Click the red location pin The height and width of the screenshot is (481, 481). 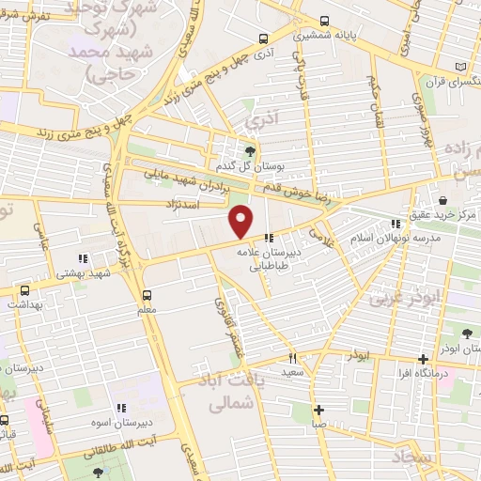click(241, 222)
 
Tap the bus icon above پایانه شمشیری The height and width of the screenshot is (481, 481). click(324, 20)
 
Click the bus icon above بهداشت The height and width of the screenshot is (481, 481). click(24, 289)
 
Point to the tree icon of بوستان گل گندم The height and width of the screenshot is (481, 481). click(250, 151)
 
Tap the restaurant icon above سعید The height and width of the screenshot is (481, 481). click(292, 358)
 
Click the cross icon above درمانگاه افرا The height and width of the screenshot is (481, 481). click(424, 359)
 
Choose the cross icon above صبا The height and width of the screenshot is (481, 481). click(319, 410)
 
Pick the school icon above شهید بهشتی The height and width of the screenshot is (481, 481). click(83, 257)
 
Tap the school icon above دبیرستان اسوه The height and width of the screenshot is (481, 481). click(120, 408)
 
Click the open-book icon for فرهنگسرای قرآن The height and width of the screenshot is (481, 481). click(459, 68)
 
